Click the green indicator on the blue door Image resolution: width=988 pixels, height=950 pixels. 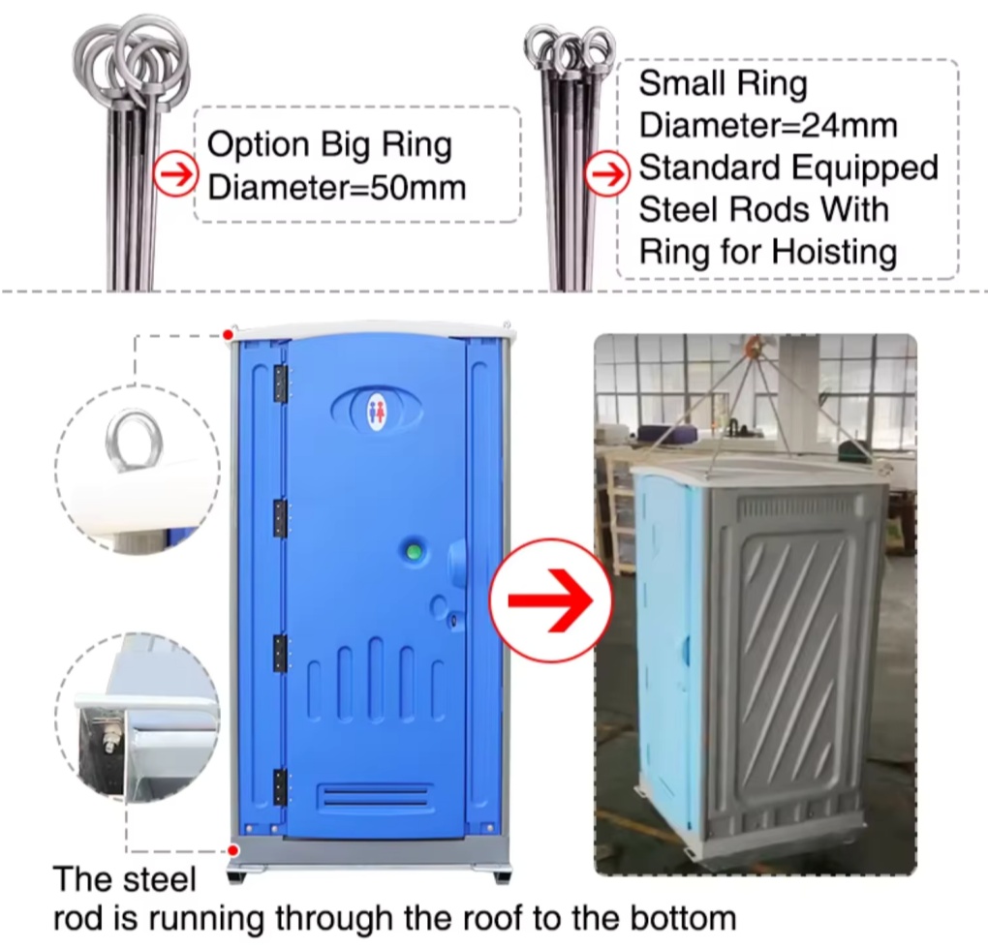tap(414, 553)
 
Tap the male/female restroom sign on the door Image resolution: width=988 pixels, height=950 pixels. tap(377, 412)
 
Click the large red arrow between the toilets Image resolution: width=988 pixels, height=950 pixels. tap(551, 600)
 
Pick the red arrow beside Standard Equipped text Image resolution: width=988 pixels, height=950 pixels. tap(608, 173)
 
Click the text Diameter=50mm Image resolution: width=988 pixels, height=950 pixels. tap(336, 188)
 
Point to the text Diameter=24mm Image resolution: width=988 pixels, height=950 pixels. tap(768, 125)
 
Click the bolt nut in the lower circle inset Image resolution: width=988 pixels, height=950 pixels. tap(111, 738)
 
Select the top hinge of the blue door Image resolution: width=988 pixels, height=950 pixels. tap(280, 383)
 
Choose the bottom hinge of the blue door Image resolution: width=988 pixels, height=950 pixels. tap(280, 787)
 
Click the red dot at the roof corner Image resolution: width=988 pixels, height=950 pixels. tap(229, 334)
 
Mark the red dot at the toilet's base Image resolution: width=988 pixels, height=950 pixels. tap(233, 851)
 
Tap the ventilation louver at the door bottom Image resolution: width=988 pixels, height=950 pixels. tap(375, 796)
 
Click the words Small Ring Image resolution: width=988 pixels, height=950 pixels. tap(723, 84)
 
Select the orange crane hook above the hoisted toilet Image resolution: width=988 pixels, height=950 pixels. tap(751, 346)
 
